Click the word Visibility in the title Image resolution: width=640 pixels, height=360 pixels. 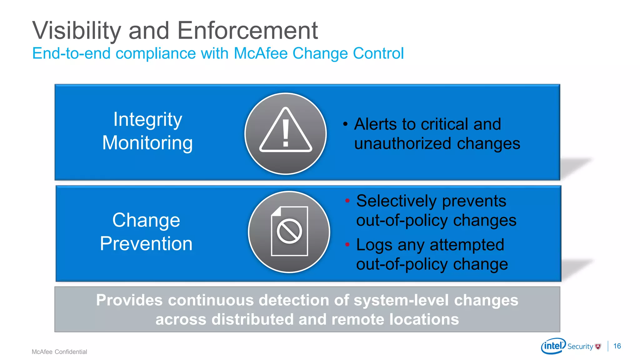[77, 31]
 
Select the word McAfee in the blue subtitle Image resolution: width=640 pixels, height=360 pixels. [260, 53]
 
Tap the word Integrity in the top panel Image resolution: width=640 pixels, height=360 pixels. [147, 120]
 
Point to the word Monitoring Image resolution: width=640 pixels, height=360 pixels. [147, 143]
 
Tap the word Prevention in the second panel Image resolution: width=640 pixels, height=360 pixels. [146, 243]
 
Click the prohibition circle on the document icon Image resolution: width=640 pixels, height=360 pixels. [289, 231]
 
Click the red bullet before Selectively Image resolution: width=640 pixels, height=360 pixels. [347, 201]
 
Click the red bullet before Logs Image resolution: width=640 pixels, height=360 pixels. [347, 244]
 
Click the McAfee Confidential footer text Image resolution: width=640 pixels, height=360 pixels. [59, 352]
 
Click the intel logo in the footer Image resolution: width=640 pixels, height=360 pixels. [553, 346]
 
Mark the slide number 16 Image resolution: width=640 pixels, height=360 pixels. [617, 346]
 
